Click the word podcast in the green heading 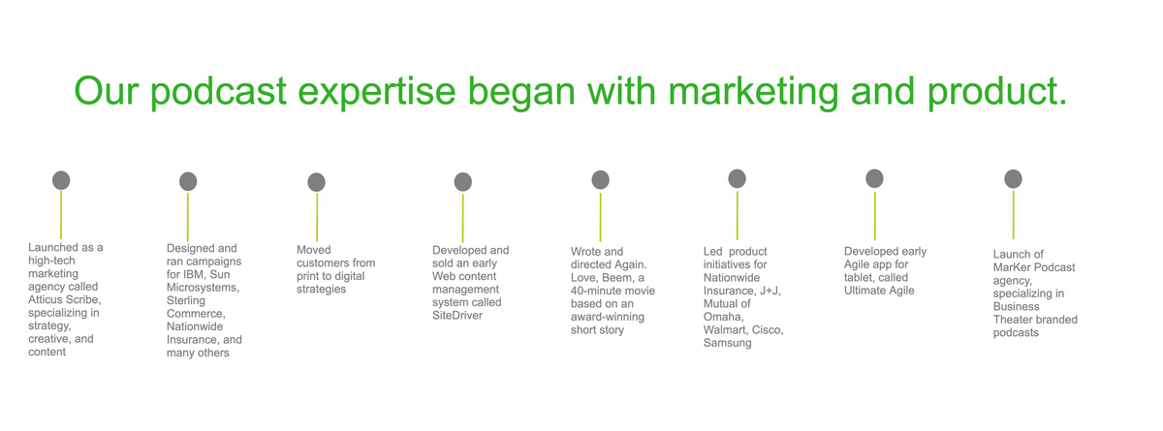(218, 92)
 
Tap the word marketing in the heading (753, 92)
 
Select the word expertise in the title (376, 92)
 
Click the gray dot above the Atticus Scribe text (61, 180)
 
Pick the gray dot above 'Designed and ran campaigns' (188, 181)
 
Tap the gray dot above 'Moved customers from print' (316, 182)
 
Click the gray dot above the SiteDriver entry (462, 182)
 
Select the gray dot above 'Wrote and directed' (600, 180)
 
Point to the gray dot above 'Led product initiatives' (737, 178)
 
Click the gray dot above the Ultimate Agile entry (874, 178)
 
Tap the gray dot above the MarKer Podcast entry (1013, 179)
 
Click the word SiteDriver (457, 316)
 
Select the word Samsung (728, 343)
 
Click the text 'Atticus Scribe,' (65, 300)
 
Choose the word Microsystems (203, 288)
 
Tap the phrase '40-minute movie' (613, 291)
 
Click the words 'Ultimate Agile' (879, 291)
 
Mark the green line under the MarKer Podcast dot (1013, 215)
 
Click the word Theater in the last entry (1015, 320)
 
